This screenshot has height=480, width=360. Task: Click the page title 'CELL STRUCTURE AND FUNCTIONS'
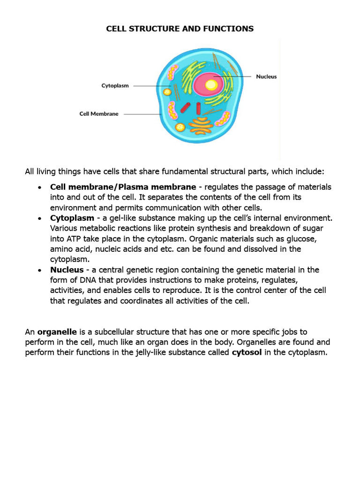pos(180,29)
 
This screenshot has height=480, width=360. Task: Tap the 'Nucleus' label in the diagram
pos(266,76)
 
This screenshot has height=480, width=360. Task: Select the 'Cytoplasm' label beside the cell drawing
pos(115,86)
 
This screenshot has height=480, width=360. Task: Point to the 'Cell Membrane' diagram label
pos(98,114)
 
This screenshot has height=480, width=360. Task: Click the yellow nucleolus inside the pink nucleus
pos(211,85)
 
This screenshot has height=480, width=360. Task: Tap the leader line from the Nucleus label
pos(234,76)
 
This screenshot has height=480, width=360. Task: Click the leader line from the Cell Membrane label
pos(143,114)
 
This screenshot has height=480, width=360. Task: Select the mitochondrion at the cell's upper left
pos(173,72)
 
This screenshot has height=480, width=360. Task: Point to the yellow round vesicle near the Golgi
pos(180,127)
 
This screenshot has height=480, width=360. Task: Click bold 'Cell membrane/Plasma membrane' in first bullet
pos(123,187)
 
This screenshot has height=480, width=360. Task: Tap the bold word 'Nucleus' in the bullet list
pos(67,270)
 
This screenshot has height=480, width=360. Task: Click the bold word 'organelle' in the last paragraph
pos(57,332)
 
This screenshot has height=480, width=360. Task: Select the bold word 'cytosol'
pos(247,352)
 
